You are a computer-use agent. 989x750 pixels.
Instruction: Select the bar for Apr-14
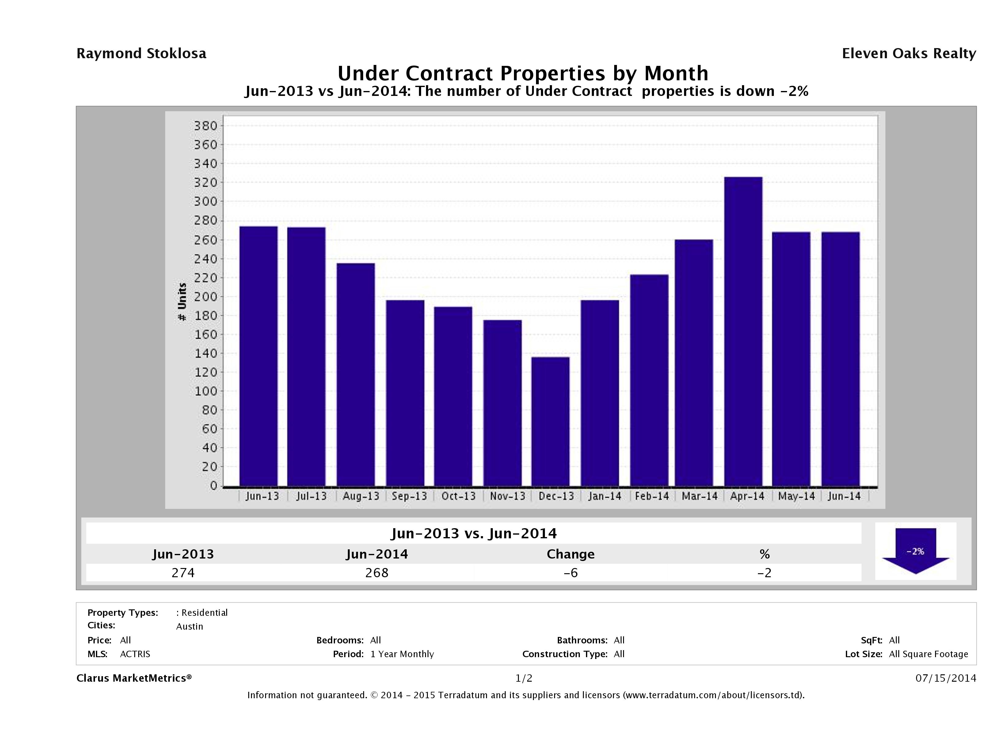(743, 331)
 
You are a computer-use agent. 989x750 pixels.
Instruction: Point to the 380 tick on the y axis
(206, 126)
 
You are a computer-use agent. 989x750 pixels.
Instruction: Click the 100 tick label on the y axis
(206, 391)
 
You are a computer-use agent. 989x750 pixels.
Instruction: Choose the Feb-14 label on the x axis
(652, 496)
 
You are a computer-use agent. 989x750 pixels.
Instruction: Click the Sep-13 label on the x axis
(409, 496)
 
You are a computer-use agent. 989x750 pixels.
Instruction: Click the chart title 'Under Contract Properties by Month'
(523, 73)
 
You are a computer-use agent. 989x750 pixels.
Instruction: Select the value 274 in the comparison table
(183, 573)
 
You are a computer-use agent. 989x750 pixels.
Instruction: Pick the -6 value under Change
(571, 573)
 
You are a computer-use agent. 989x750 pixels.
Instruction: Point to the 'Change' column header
(571, 554)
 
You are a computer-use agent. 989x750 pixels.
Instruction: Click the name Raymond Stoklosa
(141, 54)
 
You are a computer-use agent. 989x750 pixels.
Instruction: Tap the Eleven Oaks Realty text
(908, 54)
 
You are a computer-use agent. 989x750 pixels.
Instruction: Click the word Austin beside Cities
(190, 626)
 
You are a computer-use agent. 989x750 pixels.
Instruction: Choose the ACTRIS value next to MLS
(135, 654)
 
